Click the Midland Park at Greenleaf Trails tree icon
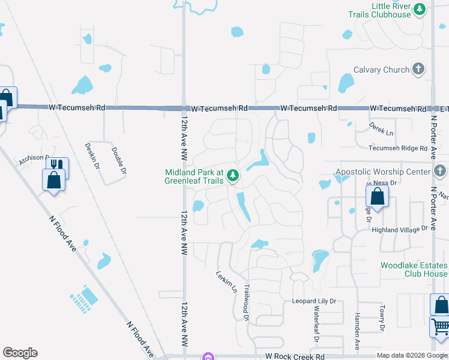[233, 176]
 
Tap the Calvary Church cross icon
[419, 70]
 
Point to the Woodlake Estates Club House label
[414, 269]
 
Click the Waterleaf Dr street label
[316, 323]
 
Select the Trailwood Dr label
[246, 303]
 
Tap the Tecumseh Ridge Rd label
[398, 148]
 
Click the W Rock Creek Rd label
[295, 356]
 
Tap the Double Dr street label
[119, 160]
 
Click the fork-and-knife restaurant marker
[57, 166]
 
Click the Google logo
[20, 353]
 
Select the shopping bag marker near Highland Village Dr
[377, 196]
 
